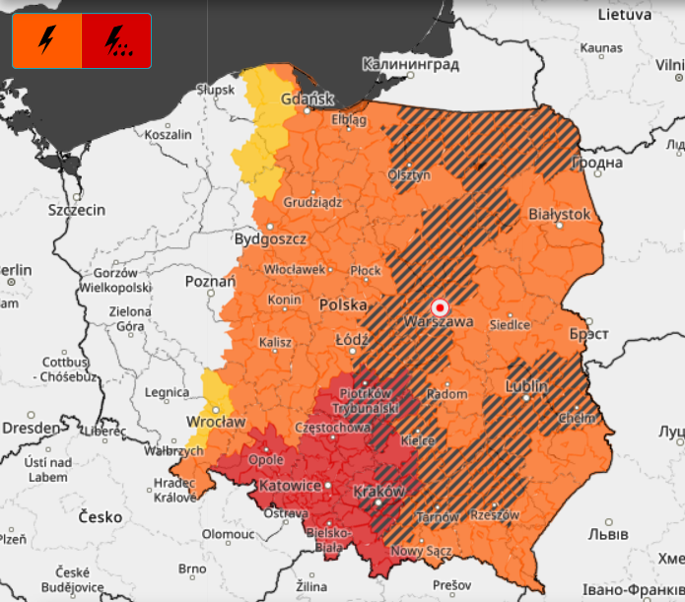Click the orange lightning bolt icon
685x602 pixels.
[x=46, y=40]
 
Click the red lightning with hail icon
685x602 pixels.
[x=116, y=40]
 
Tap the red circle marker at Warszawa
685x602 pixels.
[x=441, y=306]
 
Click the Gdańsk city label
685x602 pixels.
[x=308, y=99]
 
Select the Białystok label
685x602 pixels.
[x=559, y=214]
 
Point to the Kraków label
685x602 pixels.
[x=378, y=491]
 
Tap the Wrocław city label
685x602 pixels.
[x=215, y=422]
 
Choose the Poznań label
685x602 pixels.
[x=210, y=282]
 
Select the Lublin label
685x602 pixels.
[x=526, y=387]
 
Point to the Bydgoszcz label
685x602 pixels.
[x=271, y=239]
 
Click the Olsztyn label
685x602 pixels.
[x=409, y=174]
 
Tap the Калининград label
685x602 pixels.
[x=410, y=64]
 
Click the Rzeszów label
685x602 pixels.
[x=494, y=514]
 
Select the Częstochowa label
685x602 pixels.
[x=332, y=429]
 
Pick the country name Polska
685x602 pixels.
[x=343, y=305]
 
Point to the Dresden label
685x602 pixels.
[x=31, y=428]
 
